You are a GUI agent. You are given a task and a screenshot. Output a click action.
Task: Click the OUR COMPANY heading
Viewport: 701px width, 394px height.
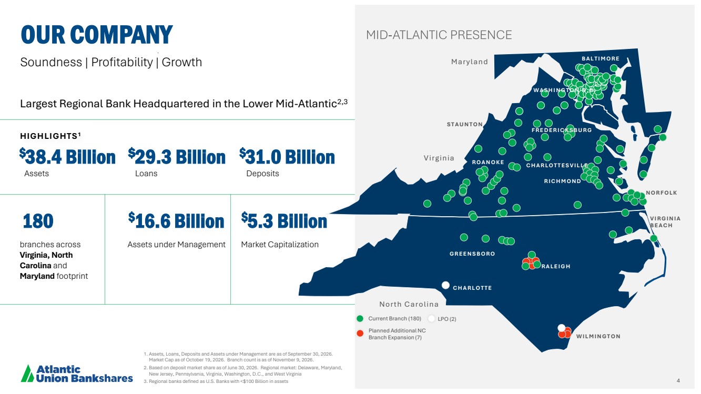pyautogui.click(x=97, y=34)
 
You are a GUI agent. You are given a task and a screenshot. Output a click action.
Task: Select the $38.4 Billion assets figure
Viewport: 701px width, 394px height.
pyautogui.click(x=67, y=156)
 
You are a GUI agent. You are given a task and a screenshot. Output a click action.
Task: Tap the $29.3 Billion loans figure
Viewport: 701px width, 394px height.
pyautogui.click(x=177, y=156)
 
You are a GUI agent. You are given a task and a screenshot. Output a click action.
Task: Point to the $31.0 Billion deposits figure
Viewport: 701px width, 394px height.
pyautogui.click(x=287, y=156)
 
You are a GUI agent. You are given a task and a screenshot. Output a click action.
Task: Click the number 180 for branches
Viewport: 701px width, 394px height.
pyautogui.click(x=38, y=221)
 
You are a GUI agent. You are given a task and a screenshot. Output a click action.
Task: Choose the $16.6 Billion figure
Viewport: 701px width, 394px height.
pyautogui.click(x=177, y=220)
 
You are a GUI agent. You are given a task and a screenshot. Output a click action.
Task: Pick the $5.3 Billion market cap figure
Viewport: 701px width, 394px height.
pyautogui.click(x=284, y=220)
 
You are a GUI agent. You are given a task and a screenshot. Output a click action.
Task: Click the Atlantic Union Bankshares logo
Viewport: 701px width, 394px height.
pyautogui.click(x=77, y=373)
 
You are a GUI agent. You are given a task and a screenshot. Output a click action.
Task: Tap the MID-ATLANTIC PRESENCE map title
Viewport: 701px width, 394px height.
pyautogui.click(x=439, y=35)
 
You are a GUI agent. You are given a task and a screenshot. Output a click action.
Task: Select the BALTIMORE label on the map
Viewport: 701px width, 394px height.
pyautogui.click(x=601, y=58)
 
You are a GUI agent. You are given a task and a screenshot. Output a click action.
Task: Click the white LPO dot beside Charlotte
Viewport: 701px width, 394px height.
pyautogui.click(x=445, y=285)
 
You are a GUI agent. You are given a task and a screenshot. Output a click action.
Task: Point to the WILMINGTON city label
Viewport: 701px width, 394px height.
pyautogui.click(x=598, y=337)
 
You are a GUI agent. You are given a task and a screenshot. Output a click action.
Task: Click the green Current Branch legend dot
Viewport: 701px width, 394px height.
pyautogui.click(x=360, y=319)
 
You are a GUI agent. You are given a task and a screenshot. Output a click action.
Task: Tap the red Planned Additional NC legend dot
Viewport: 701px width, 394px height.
pyautogui.click(x=360, y=334)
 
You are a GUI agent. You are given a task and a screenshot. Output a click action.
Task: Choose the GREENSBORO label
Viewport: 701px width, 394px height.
pyautogui.click(x=472, y=254)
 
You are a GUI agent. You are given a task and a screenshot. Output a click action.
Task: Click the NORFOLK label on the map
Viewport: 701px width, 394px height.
pyautogui.click(x=662, y=193)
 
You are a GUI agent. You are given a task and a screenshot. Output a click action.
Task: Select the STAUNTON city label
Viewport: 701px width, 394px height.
pyautogui.click(x=465, y=125)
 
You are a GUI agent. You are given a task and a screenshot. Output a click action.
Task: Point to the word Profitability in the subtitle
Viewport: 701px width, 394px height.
pyautogui.click(x=121, y=62)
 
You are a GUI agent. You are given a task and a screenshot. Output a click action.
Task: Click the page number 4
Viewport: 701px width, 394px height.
pyautogui.click(x=678, y=380)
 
